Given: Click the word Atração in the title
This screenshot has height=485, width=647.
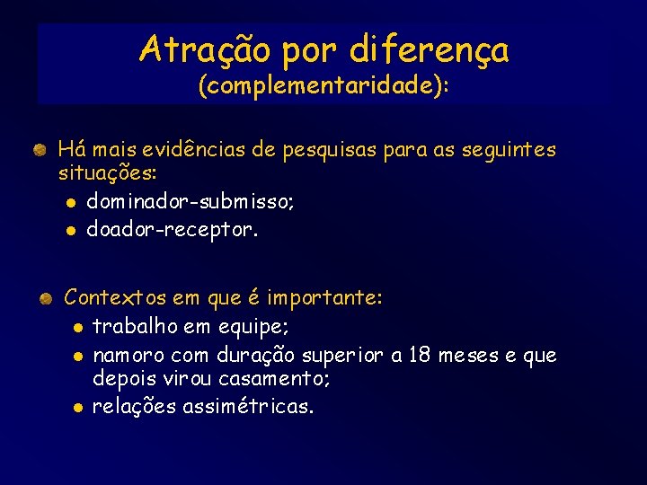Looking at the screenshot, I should (x=204, y=49).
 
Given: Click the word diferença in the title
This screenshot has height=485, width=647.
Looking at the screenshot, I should (x=429, y=50).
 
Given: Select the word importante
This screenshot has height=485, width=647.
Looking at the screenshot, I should (x=326, y=297).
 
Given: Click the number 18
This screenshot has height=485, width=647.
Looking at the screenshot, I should (x=420, y=356).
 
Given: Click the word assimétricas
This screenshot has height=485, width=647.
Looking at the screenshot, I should (x=248, y=408).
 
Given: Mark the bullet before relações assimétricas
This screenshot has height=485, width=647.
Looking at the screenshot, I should (x=78, y=409).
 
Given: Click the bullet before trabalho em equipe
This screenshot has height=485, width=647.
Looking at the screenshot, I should (x=78, y=328).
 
